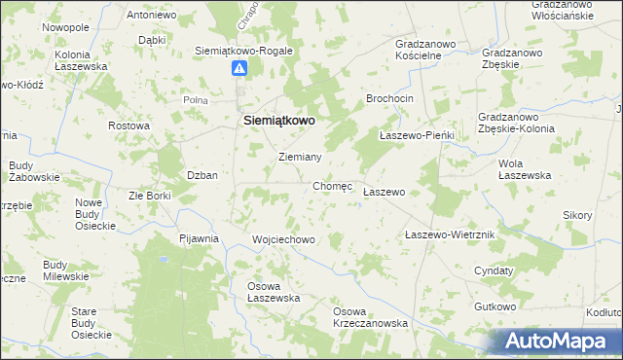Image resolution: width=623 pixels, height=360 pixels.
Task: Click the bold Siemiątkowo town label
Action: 277,120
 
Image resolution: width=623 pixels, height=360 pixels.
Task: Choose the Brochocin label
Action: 390,99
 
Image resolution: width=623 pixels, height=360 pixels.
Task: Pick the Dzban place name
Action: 202,175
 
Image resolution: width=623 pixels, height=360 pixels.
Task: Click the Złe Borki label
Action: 150,196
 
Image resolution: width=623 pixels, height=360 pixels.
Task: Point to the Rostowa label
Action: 128,126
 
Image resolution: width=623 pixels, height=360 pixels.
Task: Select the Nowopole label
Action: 66,27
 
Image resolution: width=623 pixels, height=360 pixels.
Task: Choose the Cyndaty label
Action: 494,270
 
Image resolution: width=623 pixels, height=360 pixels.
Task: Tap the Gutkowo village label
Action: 495,306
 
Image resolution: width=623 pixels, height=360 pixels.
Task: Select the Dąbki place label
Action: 151,40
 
